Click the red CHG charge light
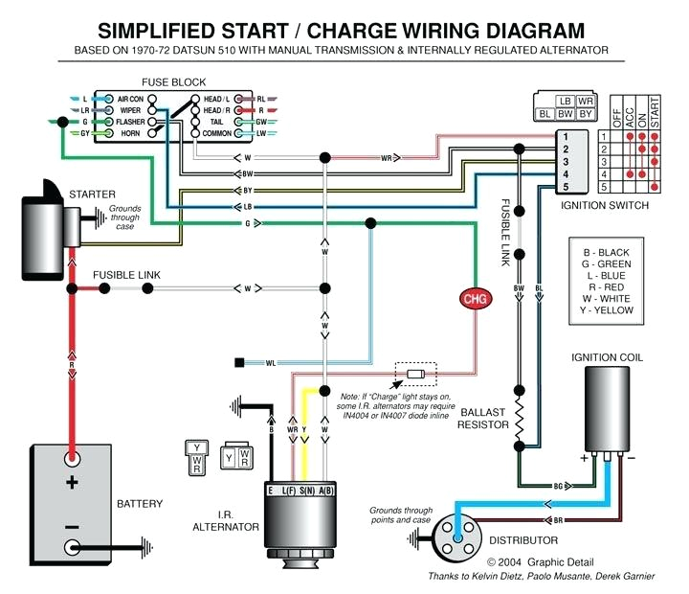[x=476, y=299]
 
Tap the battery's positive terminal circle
[x=72, y=459]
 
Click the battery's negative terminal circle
[x=72, y=548]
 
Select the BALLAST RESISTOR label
[x=483, y=419]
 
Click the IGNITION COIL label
[x=607, y=357]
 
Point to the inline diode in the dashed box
[x=415, y=375]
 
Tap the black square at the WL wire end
[x=239, y=363]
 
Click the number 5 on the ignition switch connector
[x=566, y=187]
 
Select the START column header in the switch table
[x=655, y=113]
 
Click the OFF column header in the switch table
[x=616, y=118]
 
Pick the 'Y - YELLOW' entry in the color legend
[x=607, y=310]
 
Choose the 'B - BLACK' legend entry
[x=607, y=253]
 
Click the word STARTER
[x=92, y=194]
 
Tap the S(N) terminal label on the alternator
[x=307, y=491]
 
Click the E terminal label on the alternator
[x=271, y=491]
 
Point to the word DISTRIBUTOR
[x=523, y=540]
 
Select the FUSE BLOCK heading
[x=173, y=82]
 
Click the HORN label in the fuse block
[x=130, y=133]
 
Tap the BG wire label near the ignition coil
[x=558, y=486]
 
